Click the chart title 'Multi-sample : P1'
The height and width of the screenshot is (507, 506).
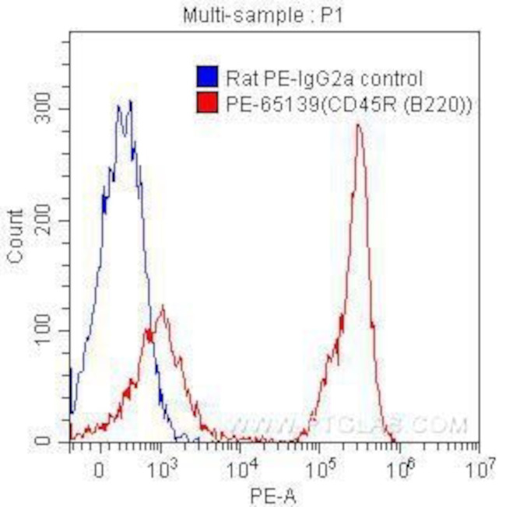[x=253, y=15]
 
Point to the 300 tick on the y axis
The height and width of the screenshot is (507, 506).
[x=49, y=110]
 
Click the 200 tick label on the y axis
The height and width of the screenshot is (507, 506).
[x=49, y=221]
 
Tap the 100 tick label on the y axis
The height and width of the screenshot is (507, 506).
[x=49, y=331]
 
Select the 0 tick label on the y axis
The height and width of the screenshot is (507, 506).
[x=58, y=442]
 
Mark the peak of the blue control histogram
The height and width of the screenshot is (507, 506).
[x=130, y=101]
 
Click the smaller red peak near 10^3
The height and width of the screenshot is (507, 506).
[x=162, y=306]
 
